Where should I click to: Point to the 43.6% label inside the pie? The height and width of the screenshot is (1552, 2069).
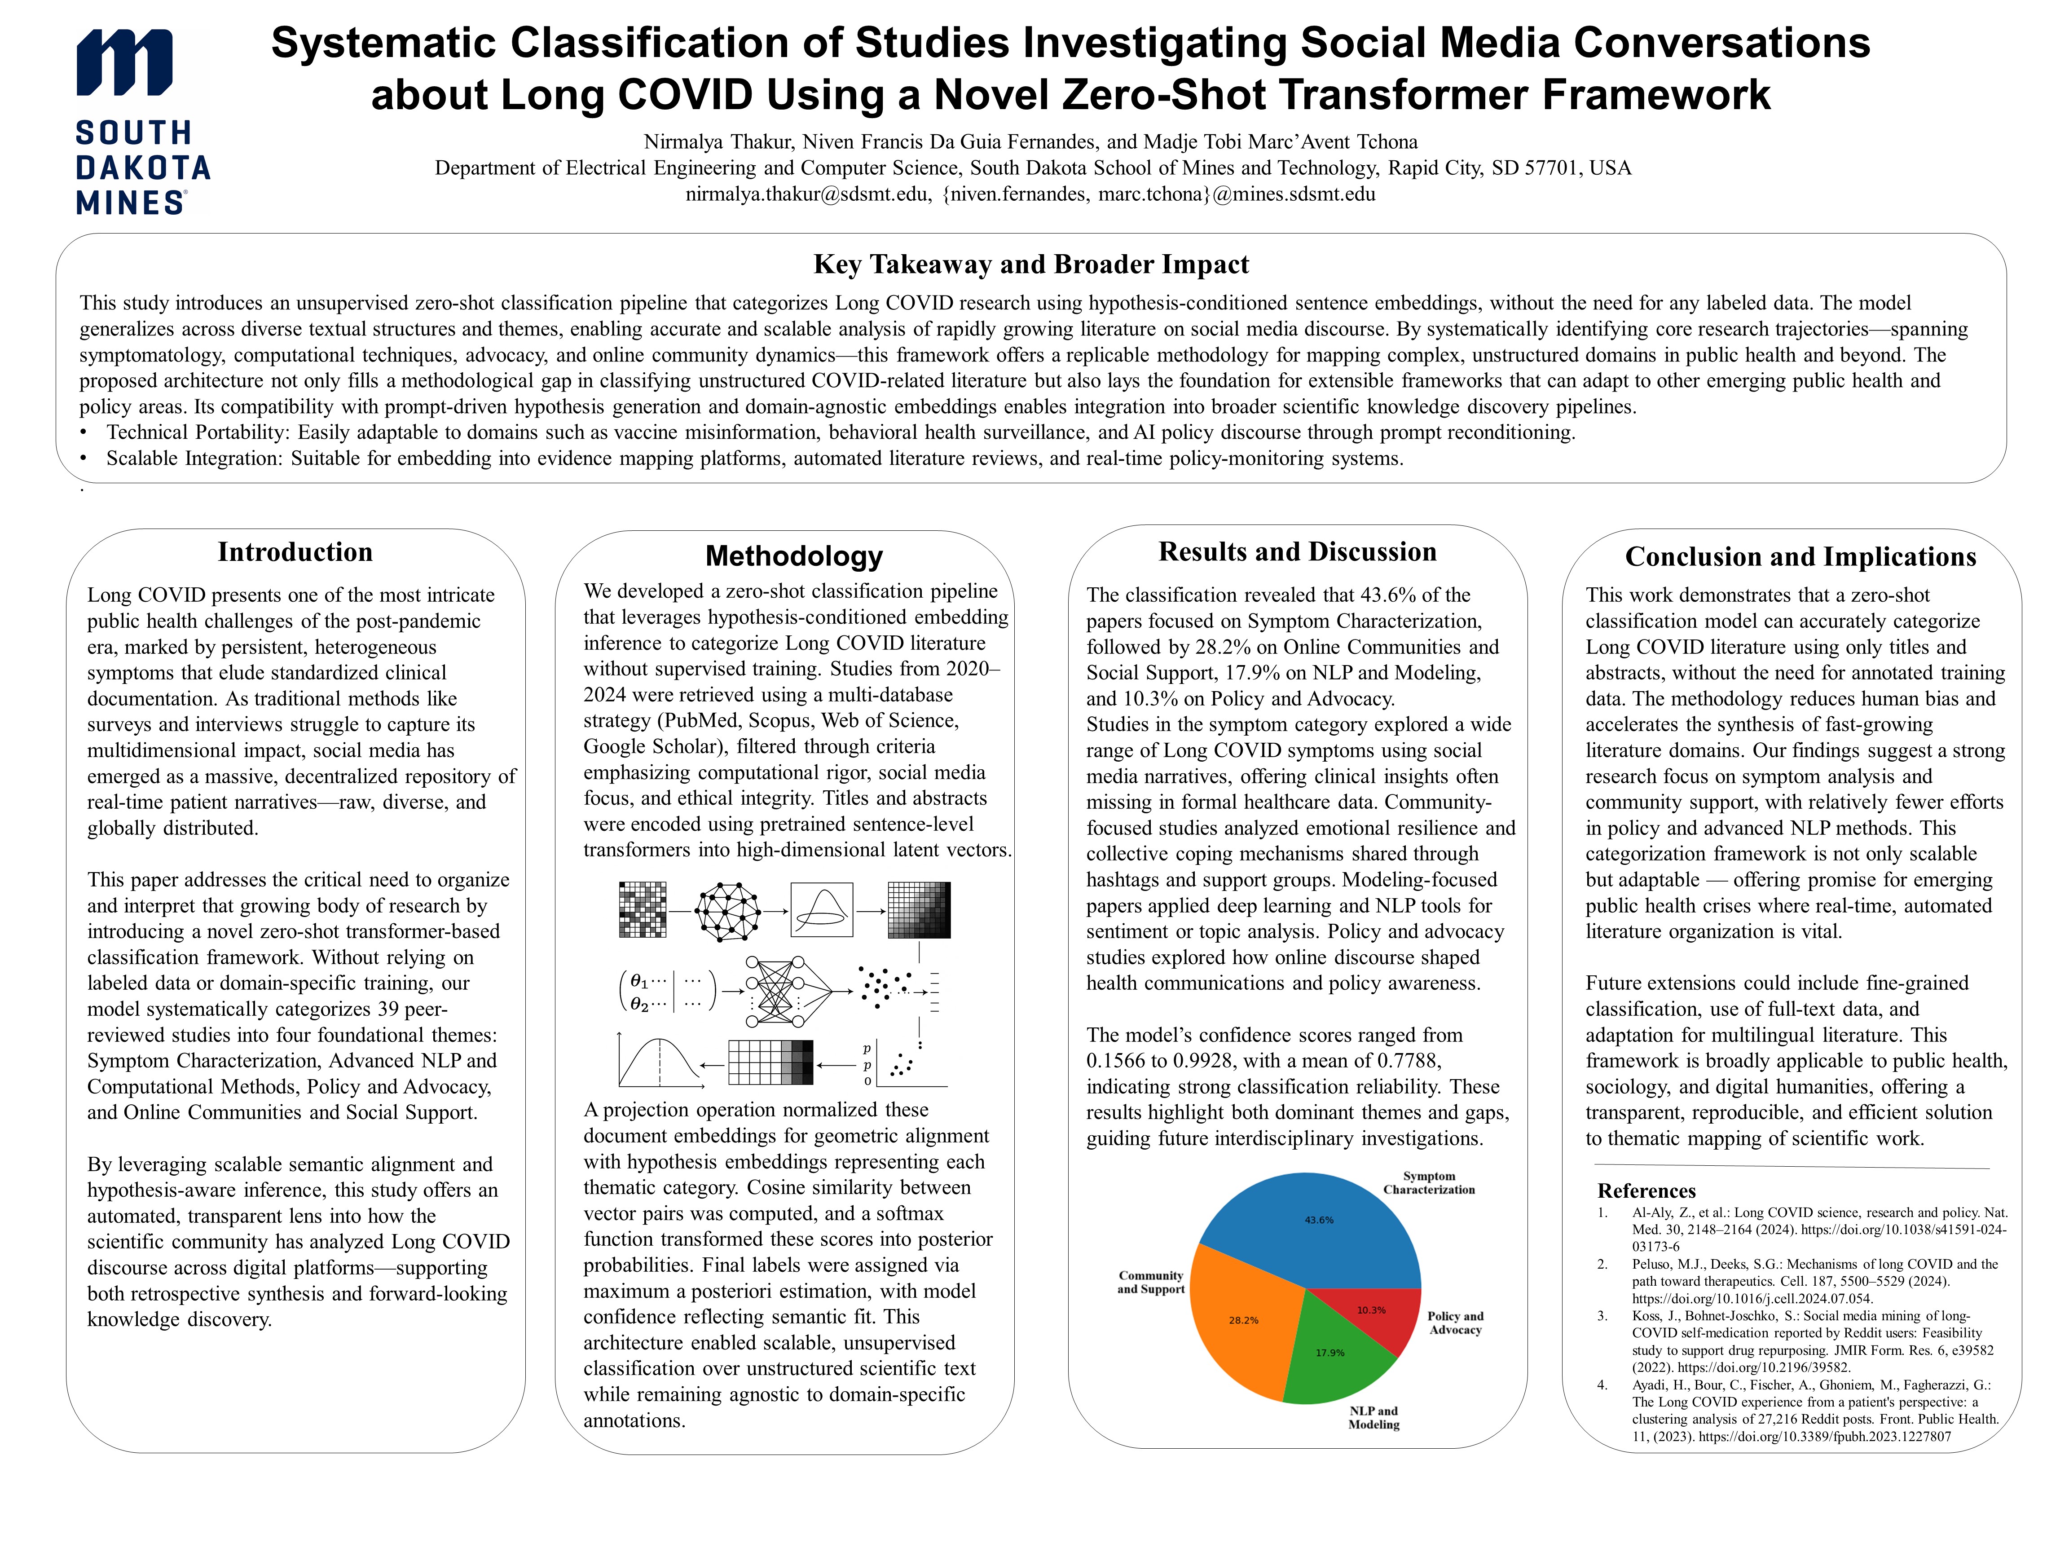pos(1319,1220)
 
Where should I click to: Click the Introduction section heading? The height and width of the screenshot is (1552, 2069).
pos(295,552)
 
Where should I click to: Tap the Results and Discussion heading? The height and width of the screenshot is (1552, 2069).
pos(1297,552)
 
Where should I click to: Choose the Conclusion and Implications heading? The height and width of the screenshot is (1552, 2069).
pos(1800,556)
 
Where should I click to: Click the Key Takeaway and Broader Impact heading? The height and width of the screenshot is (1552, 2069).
pos(1031,265)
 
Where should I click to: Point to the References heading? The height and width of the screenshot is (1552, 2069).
pos(1646,1191)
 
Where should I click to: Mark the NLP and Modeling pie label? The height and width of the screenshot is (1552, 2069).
pos(1373,1417)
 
